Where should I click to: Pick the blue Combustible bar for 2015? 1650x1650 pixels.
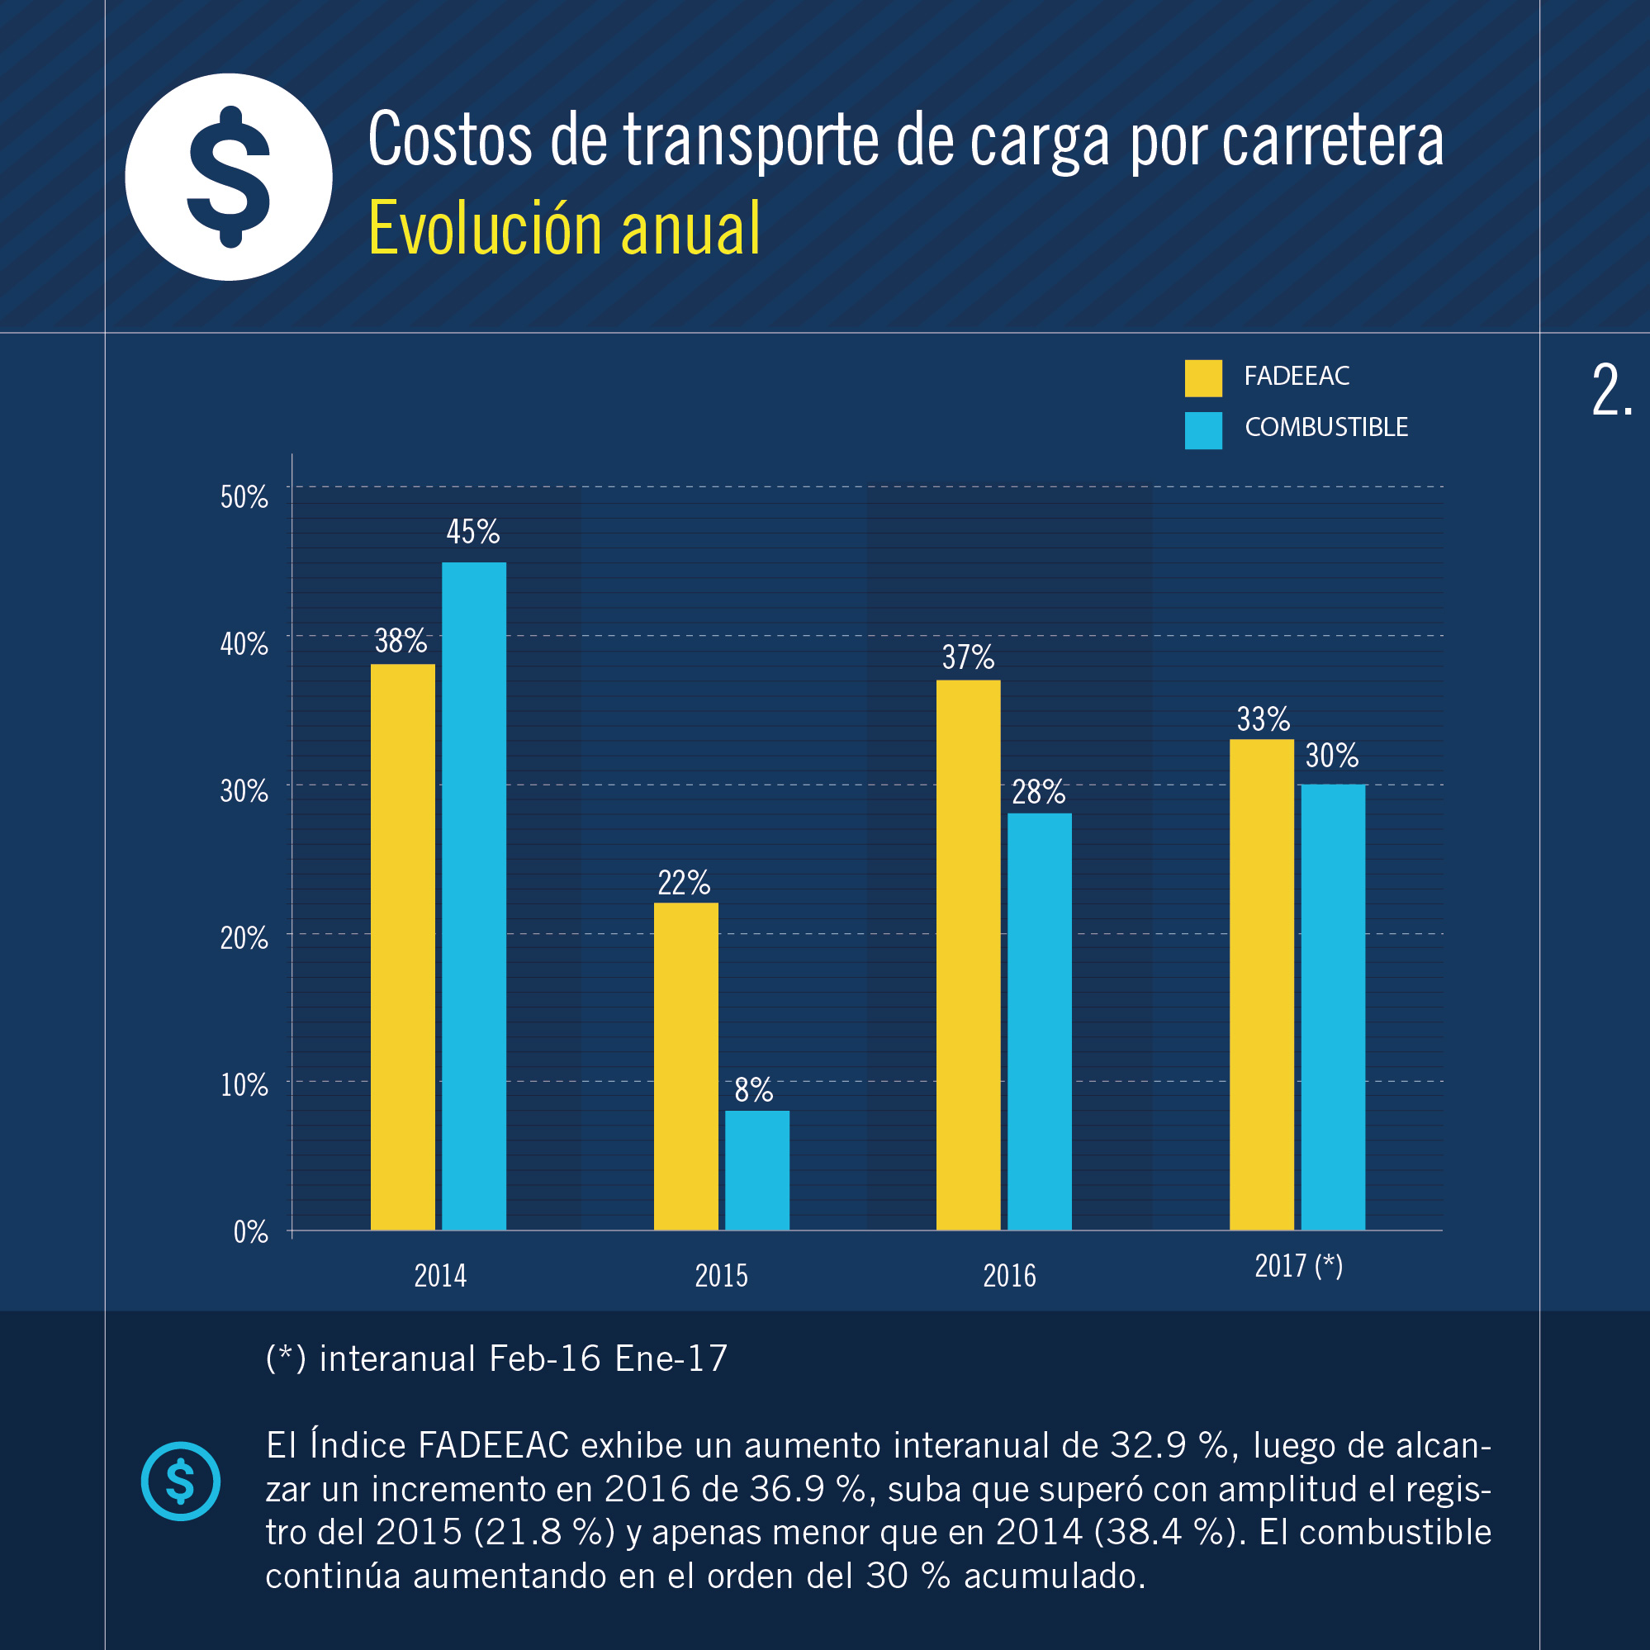[756, 1170]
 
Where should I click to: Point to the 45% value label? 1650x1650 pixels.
[473, 532]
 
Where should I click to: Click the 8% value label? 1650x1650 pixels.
[753, 1090]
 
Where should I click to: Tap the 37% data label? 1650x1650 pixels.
[968, 657]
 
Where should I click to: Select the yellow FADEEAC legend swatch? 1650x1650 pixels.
[1203, 378]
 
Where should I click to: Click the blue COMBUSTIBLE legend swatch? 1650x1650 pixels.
[1203, 430]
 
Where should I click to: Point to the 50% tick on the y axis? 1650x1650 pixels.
[244, 497]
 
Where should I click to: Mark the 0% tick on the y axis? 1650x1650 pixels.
[250, 1231]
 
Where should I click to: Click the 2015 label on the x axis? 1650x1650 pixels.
[721, 1276]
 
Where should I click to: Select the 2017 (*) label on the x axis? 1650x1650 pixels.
[1298, 1266]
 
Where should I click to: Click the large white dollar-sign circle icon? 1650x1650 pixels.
[229, 177]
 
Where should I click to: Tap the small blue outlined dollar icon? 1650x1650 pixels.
[180, 1481]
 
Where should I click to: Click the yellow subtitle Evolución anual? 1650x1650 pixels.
[564, 228]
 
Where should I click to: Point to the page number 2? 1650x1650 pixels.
[1611, 391]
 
